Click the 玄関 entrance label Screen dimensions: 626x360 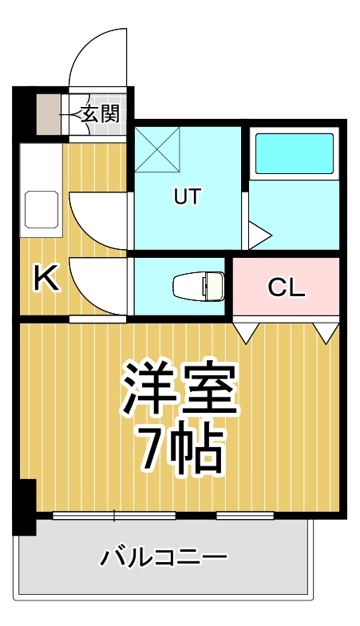coord(101,113)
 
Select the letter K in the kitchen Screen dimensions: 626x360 coord(46,279)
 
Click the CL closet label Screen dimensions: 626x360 coord(287,287)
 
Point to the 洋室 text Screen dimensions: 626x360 coord(180,386)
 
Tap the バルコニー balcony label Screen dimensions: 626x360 coord(164,557)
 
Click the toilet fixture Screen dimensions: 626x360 coord(200,285)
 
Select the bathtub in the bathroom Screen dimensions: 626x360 coord(293,153)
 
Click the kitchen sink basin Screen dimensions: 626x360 coord(41,209)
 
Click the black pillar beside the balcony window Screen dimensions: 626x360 coord(26,507)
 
